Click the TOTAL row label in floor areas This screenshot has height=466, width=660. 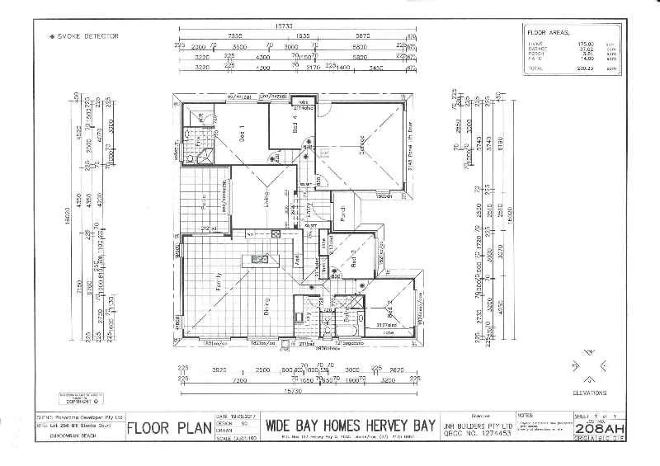click(536, 68)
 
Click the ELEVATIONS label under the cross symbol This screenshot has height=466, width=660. click(589, 393)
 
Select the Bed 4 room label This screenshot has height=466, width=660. click(295, 125)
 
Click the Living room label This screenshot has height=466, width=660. click(266, 199)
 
